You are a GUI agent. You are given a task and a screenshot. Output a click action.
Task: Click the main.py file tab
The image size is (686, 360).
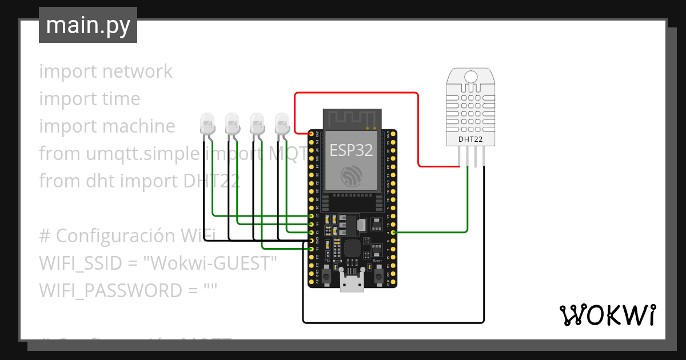click(87, 25)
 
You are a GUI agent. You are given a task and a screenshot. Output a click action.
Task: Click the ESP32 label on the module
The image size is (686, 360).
click(351, 150)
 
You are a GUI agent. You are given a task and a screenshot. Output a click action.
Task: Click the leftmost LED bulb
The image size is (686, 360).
click(206, 123)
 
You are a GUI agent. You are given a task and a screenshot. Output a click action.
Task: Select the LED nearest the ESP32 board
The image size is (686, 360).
click(282, 123)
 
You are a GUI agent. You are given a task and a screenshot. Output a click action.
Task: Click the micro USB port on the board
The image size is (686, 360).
click(352, 282)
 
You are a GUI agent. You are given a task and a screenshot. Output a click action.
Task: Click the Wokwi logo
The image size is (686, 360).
click(607, 315)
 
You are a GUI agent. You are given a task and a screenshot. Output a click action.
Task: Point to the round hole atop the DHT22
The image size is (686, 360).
click(471, 77)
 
